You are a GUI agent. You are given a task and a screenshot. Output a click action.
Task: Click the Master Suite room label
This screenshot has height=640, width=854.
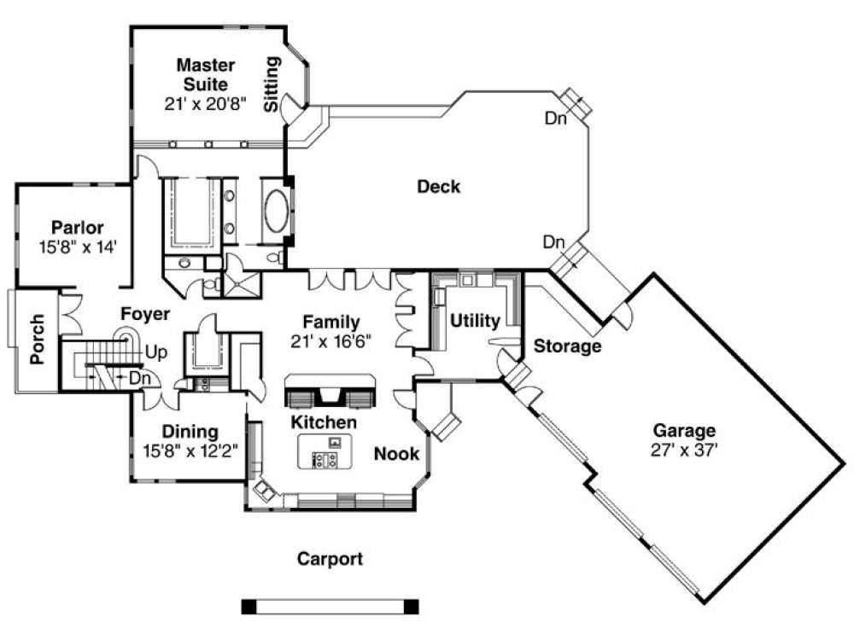point(202,74)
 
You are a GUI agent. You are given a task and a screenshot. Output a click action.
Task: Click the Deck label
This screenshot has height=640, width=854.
point(438,187)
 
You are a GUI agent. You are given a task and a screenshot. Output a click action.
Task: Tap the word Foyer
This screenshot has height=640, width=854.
point(144,314)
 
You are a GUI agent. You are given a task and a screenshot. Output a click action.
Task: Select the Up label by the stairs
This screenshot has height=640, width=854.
point(156,352)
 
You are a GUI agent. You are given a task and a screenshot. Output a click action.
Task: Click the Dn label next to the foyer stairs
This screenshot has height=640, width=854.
point(139,376)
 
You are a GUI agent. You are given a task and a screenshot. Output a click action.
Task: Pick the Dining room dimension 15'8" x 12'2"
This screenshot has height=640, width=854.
point(190,450)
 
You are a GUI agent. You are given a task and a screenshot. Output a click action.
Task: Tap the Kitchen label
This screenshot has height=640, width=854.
point(324,422)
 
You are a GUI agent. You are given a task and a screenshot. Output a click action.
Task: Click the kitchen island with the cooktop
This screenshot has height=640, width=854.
point(324,451)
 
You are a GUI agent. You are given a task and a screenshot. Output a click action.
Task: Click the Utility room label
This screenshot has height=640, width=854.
point(474,321)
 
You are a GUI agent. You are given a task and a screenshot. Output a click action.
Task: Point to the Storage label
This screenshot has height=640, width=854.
point(567,346)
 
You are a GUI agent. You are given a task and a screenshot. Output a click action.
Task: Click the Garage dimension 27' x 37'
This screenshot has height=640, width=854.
point(684,450)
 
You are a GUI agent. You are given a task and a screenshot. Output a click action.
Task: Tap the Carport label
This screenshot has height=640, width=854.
point(330,560)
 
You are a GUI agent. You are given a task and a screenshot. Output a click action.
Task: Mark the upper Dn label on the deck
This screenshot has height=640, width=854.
point(556,119)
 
